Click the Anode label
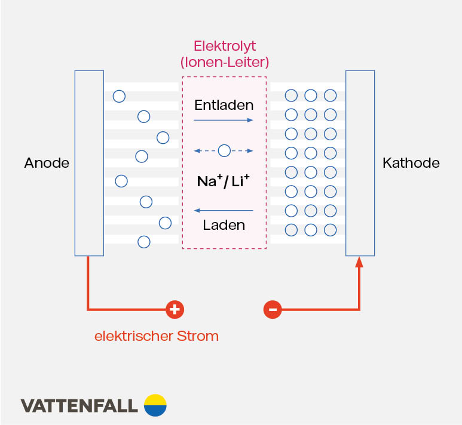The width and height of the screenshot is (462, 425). click(x=47, y=163)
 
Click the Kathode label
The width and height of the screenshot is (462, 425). click(x=411, y=163)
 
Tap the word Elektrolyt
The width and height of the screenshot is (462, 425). click(x=224, y=46)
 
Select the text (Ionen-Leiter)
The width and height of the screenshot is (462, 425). click(x=224, y=62)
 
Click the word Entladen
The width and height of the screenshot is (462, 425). click(x=224, y=105)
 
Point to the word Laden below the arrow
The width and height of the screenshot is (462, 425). click(x=224, y=225)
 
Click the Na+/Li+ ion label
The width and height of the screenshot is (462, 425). click(x=224, y=181)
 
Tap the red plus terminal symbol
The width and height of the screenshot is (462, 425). click(x=175, y=309)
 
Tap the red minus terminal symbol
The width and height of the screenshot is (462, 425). click(x=273, y=309)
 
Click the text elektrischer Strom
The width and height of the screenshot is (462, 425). click(x=157, y=336)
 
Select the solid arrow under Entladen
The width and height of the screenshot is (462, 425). click(x=224, y=121)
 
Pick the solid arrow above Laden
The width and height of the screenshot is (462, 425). click(x=224, y=210)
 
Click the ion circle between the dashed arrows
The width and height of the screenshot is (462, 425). click(x=224, y=150)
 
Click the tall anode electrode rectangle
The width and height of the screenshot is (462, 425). click(x=89, y=163)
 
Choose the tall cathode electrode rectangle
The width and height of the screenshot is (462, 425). click(x=360, y=163)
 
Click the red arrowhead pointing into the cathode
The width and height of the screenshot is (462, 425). click(x=360, y=262)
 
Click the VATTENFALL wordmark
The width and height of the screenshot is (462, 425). click(x=79, y=406)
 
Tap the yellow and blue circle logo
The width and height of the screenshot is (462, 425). click(x=155, y=405)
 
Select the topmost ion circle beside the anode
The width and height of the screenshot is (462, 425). click(x=120, y=96)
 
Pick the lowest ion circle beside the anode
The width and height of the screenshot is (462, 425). click(x=144, y=242)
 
